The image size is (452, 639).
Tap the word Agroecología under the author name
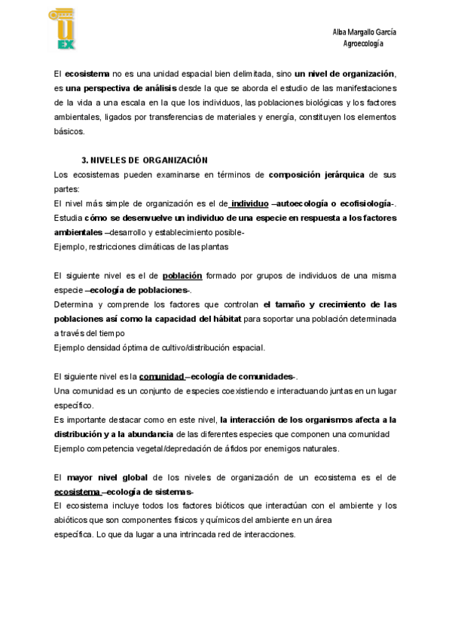(363, 44)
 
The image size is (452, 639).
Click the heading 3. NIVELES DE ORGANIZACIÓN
(144, 161)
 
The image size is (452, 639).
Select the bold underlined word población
(182, 276)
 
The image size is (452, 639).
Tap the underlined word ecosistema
(78, 491)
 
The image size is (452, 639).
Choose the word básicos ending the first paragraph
(69, 131)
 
